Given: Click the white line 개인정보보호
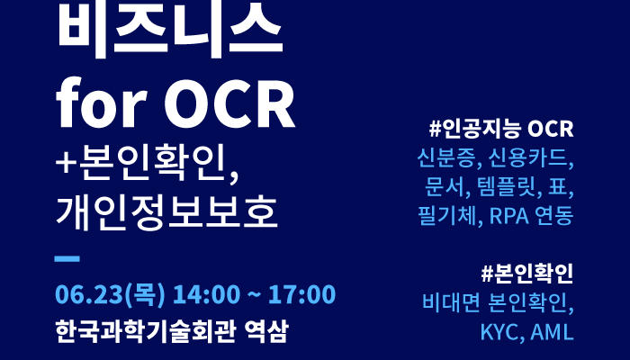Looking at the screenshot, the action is coord(166,212).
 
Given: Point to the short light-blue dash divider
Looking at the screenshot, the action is coord(67,259).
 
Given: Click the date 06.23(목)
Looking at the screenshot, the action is coord(110,294).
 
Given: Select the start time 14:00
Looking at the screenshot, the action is coord(206,294).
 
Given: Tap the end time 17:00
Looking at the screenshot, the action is coord(301,294).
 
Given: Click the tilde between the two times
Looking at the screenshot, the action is coord(254,295).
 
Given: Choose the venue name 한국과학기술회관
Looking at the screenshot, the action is coord(145,331).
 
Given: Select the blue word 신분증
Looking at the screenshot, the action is coord(446,157).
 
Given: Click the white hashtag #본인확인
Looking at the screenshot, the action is coord(527,274).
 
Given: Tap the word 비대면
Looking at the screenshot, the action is coord(451,303).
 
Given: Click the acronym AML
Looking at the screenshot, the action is coord(552,332).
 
